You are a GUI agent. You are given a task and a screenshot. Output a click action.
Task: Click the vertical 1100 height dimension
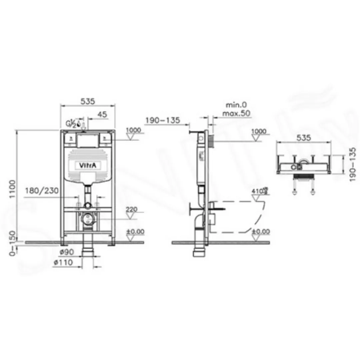[x=13, y=189]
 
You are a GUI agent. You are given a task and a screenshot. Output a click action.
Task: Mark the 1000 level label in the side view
[x=259, y=131]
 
